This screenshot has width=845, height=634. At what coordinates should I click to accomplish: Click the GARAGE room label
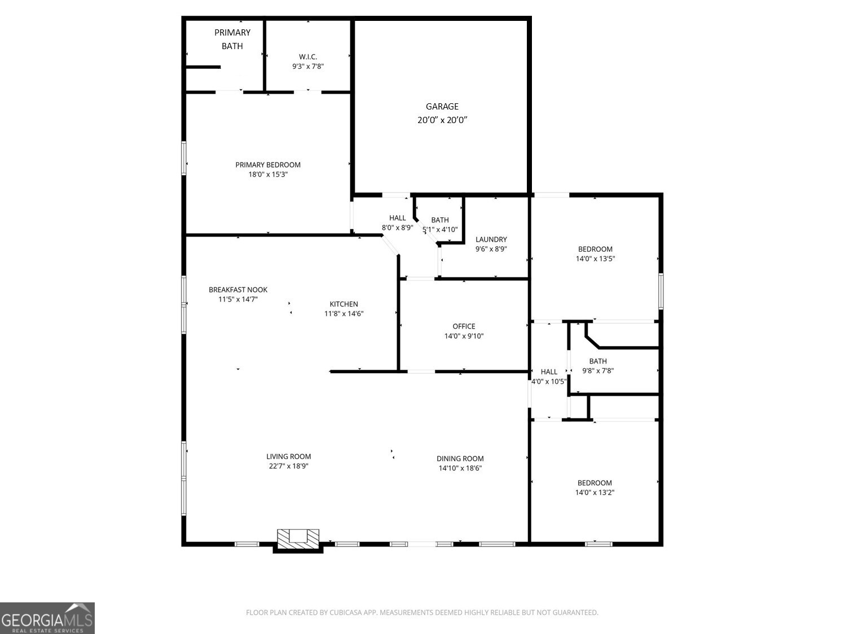[x=442, y=106]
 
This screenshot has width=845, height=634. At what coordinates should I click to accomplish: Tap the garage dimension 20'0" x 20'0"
[x=442, y=120]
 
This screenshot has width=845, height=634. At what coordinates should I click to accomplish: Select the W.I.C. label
[x=308, y=56]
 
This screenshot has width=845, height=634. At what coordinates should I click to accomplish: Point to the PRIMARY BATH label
[x=232, y=39]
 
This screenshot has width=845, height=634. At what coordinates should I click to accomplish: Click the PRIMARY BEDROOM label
[x=268, y=165]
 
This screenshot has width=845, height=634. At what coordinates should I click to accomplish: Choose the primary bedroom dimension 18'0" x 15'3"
[x=268, y=174]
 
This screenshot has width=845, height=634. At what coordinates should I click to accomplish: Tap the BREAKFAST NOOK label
[x=238, y=290]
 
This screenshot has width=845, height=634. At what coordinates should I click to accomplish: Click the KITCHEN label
[x=344, y=304]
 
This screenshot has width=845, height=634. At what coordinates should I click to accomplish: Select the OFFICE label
[x=464, y=326]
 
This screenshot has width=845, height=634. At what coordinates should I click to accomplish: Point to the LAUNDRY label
[x=491, y=239]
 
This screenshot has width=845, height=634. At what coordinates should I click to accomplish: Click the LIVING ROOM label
[x=289, y=456]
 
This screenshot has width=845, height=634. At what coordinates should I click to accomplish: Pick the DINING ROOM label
[x=460, y=458]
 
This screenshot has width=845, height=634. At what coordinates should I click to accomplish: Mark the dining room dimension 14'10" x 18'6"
[x=460, y=468]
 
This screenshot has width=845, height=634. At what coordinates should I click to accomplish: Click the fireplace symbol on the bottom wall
[x=298, y=539]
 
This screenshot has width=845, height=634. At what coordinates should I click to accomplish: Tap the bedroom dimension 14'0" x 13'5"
[x=595, y=259]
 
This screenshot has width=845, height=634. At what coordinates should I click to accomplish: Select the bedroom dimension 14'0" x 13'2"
[x=595, y=492]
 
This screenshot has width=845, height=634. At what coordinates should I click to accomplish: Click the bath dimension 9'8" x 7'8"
[x=598, y=370]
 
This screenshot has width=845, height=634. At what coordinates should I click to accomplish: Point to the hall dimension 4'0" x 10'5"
[x=549, y=381]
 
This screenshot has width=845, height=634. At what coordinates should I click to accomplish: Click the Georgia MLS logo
[x=47, y=618]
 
